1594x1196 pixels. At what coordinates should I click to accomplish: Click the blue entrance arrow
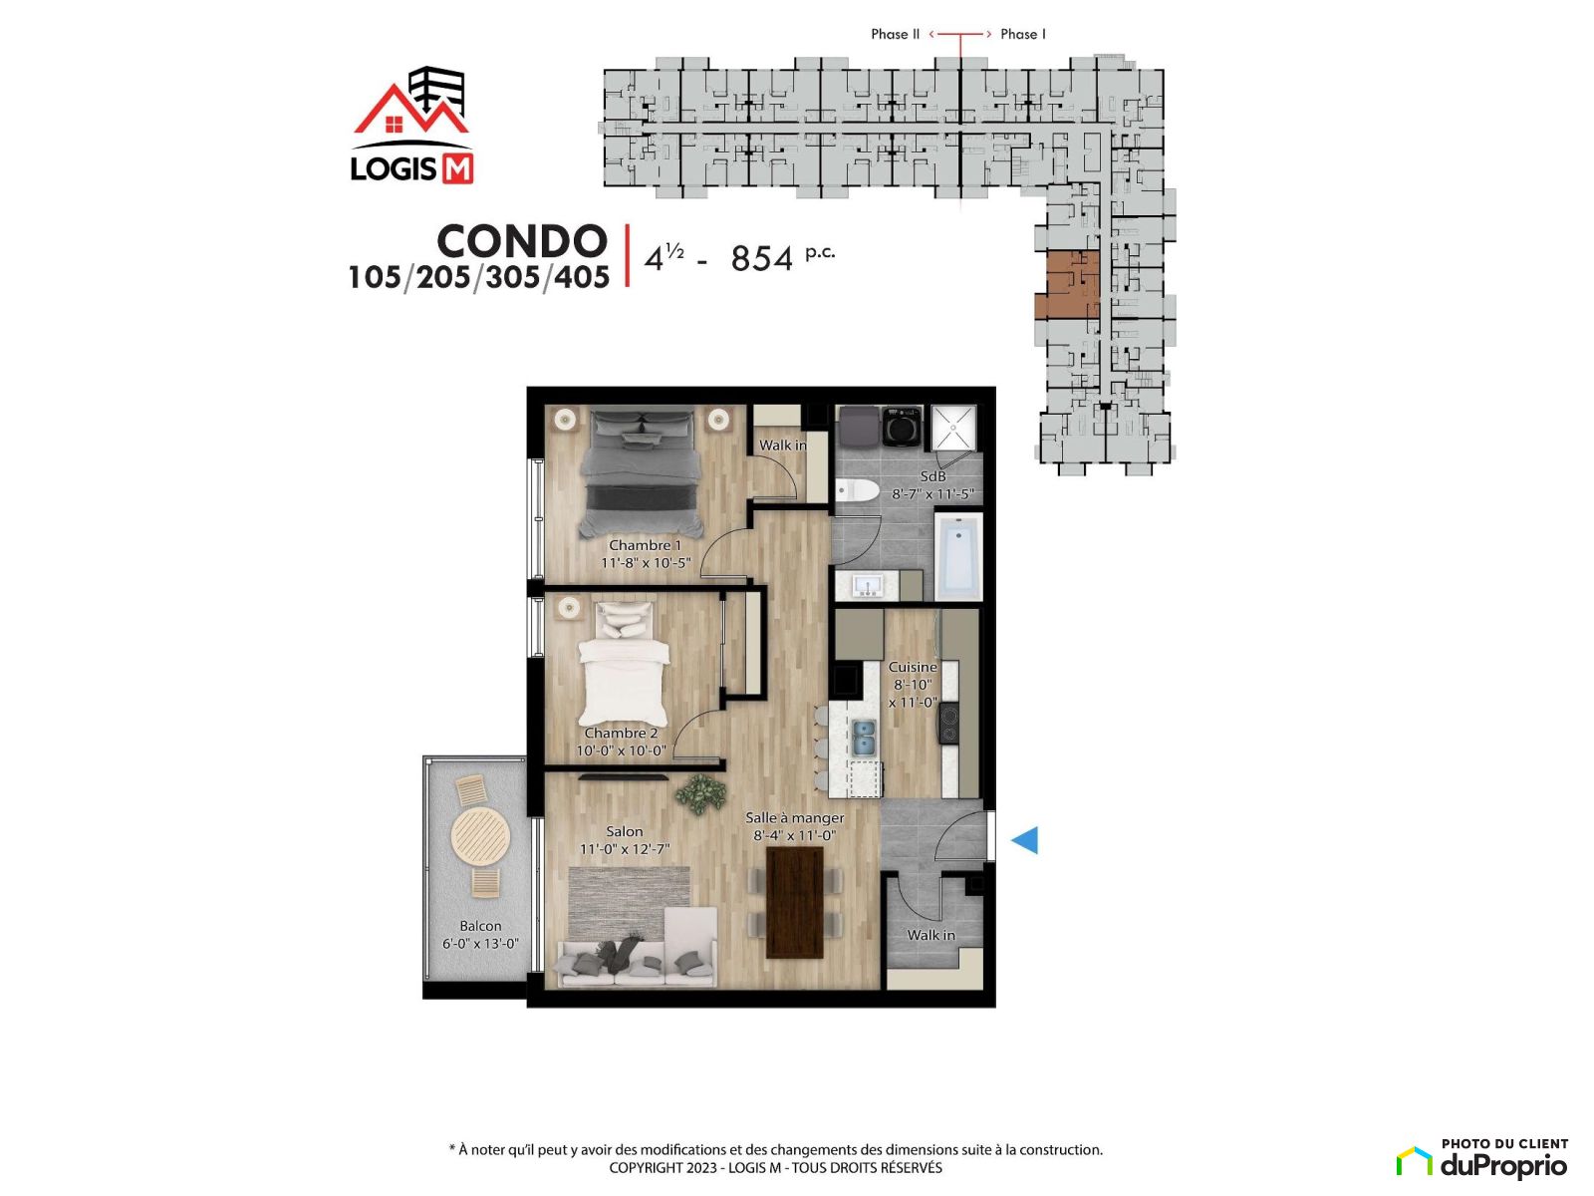[x=1024, y=840]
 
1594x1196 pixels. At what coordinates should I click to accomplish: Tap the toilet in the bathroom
[x=856, y=490]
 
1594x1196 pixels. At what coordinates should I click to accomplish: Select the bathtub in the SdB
[x=957, y=556]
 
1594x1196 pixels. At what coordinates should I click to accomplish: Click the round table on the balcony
[x=480, y=836]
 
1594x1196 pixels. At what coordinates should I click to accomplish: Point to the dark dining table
[x=794, y=903]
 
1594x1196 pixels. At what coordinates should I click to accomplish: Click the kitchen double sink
[x=864, y=738]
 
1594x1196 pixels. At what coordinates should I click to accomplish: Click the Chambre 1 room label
[x=645, y=544]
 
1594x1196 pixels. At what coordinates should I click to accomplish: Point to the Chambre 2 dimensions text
[x=621, y=750]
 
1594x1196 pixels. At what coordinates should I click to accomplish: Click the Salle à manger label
[x=794, y=817]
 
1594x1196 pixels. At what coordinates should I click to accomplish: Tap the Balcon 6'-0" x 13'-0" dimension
[x=480, y=943]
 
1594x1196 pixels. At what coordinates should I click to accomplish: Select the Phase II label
[x=895, y=34]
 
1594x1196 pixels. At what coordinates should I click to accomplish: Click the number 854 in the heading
[x=761, y=258]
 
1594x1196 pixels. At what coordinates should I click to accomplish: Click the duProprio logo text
[x=1503, y=1166]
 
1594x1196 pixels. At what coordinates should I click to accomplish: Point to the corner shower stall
[x=954, y=428]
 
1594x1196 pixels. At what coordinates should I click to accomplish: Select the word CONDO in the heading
[x=522, y=241]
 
